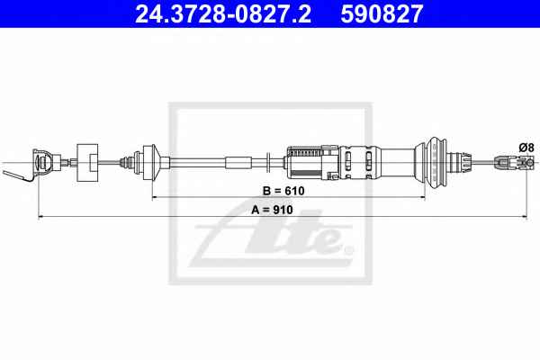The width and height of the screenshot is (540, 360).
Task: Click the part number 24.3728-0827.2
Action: [223, 13]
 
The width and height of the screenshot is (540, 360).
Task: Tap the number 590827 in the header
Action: [382, 13]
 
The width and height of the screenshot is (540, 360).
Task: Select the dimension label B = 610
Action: [283, 191]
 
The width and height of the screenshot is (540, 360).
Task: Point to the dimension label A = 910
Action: [272, 210]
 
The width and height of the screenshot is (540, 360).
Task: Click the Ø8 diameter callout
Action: [526, 148]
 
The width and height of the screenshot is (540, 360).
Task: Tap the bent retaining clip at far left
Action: [17, 175]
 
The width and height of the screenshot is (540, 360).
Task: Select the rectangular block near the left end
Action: [87, 162]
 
